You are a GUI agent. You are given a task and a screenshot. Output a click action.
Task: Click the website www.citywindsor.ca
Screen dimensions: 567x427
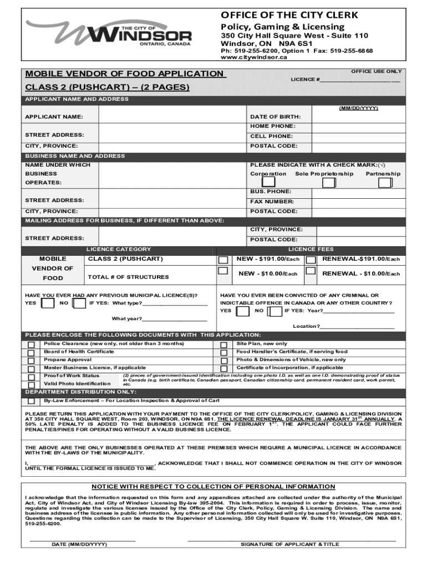coord(247,57)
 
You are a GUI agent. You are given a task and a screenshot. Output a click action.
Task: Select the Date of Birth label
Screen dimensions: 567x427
coord(275,117)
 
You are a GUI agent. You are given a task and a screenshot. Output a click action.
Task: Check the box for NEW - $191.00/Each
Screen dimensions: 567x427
coord(223,260)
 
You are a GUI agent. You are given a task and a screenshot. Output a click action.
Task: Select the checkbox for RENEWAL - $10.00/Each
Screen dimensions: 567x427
coord(311,272)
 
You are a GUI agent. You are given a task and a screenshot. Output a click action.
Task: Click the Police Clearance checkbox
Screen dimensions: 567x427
coord(31,345)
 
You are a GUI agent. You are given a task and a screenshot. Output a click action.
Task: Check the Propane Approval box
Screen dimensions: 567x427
coord(31,360)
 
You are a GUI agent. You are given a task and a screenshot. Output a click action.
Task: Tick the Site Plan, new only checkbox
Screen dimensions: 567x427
coord(223,345)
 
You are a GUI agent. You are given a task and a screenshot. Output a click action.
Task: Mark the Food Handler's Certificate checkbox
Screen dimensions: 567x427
coord(223,353)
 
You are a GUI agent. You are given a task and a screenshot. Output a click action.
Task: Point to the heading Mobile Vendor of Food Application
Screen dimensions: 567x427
coord(123,74)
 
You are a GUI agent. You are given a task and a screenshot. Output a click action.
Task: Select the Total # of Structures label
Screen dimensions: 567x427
coord(128,277)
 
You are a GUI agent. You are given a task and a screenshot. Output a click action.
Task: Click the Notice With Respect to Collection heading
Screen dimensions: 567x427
coord(213,487)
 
